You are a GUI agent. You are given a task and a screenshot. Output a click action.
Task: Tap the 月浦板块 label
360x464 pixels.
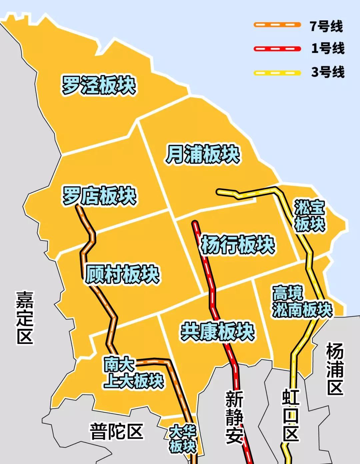click(203, 154)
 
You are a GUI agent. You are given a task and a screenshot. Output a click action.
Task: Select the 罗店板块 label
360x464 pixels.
click(100, 196)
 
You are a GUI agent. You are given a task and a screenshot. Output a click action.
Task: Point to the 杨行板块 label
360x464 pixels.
click(238, 245)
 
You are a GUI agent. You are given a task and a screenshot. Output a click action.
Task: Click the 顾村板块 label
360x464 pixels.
click(122, 275)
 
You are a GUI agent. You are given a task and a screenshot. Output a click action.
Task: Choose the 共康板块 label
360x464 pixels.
click(218, 332)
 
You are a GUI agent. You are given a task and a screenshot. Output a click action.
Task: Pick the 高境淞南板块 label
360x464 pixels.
click(302, 302)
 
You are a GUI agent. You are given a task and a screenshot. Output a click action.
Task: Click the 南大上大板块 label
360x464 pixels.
click(133, 373)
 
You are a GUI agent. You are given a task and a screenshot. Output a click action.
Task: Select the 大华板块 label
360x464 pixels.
click(182, 439)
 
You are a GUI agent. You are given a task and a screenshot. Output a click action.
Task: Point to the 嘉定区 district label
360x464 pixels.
click(25, 317)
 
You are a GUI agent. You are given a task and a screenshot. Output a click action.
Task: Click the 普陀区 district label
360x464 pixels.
click(116, 431)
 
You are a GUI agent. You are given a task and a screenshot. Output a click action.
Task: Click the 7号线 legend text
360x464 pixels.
click(326, 26)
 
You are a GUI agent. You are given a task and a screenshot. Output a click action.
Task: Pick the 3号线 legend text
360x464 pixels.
click(328, 72)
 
